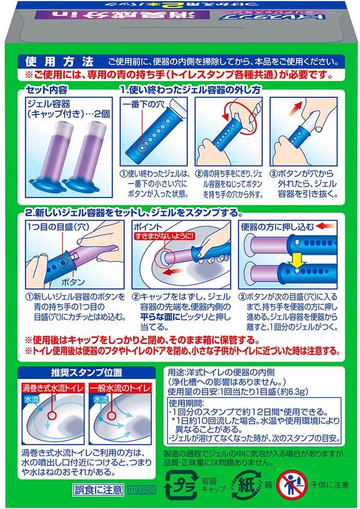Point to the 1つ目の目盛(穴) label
click(x=51, y=228)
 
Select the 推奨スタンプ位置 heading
click(x=78, y=371)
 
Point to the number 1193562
click(x=141, y=490)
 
